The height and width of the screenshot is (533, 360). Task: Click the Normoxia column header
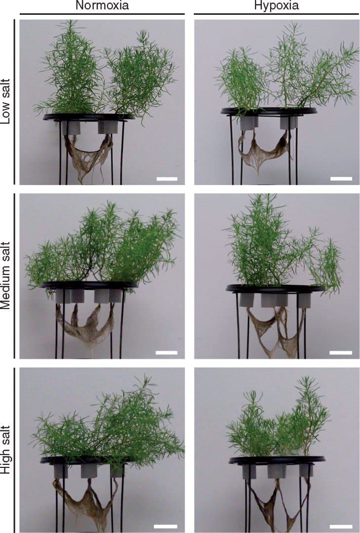pyautogui.click(x=102, y=6)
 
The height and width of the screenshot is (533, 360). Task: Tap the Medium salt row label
pyautogui.click(x=6, y=276)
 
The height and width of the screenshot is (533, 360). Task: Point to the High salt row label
pyautogui.click(x=6, y=449)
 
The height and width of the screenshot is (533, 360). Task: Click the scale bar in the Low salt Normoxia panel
pyautogui.click(x=166, y=179)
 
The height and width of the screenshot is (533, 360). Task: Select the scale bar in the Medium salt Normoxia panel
pyautogui.click(x=166, y=352)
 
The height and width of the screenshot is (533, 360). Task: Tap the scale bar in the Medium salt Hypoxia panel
pyautogui.click(x=341, y=352)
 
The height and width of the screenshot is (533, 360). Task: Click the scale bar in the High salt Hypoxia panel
pyautogui.click(x=341, y=526)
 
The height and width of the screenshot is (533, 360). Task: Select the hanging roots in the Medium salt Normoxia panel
pyautogui.click(x=84, y=328)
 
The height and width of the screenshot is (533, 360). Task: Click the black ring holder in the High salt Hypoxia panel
pyautogui.click(x=277, y=460)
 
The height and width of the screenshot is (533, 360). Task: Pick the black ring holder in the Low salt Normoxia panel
pyautogui.click(x=89, y=117)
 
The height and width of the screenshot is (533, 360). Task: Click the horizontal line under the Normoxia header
pyautogui.click(x=102, y=14)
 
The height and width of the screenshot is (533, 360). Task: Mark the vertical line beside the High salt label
pyautogui.click(x=15, y=449)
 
